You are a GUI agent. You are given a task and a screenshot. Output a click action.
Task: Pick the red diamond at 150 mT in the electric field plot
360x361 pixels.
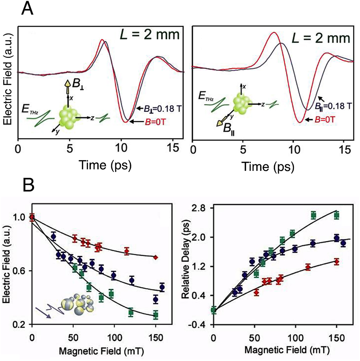pos(156,257)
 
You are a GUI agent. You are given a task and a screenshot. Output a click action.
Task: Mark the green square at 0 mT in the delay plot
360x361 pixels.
pos(213,310)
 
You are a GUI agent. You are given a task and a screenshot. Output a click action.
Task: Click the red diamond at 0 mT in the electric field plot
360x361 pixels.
pos(32,217)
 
